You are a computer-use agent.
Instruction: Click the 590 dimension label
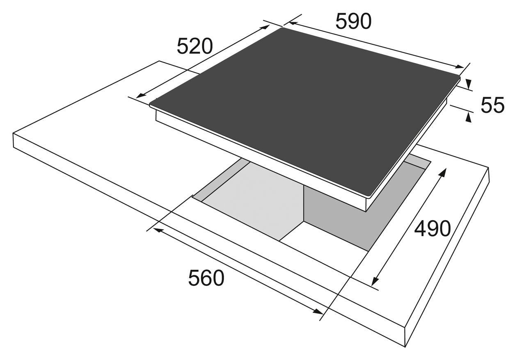point(353,21)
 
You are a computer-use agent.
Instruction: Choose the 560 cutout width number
point(206,278)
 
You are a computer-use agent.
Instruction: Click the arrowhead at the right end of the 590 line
point(459,67)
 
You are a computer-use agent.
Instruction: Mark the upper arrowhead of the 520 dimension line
point(265,27)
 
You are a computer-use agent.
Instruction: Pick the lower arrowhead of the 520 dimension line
point(141,95)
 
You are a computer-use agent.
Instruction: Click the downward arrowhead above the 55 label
point(468,84)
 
